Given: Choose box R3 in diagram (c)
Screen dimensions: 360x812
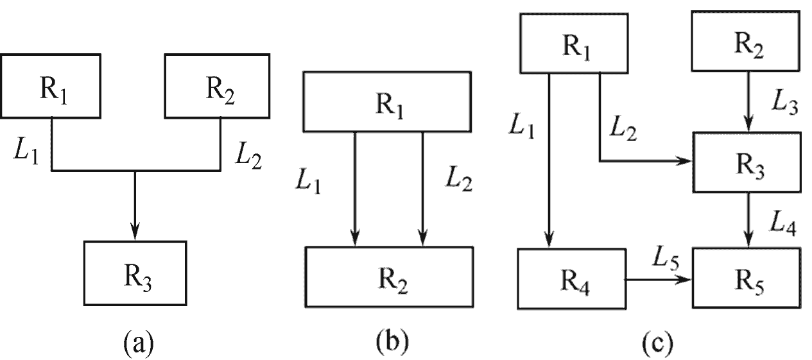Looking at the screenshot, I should [747, 162].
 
